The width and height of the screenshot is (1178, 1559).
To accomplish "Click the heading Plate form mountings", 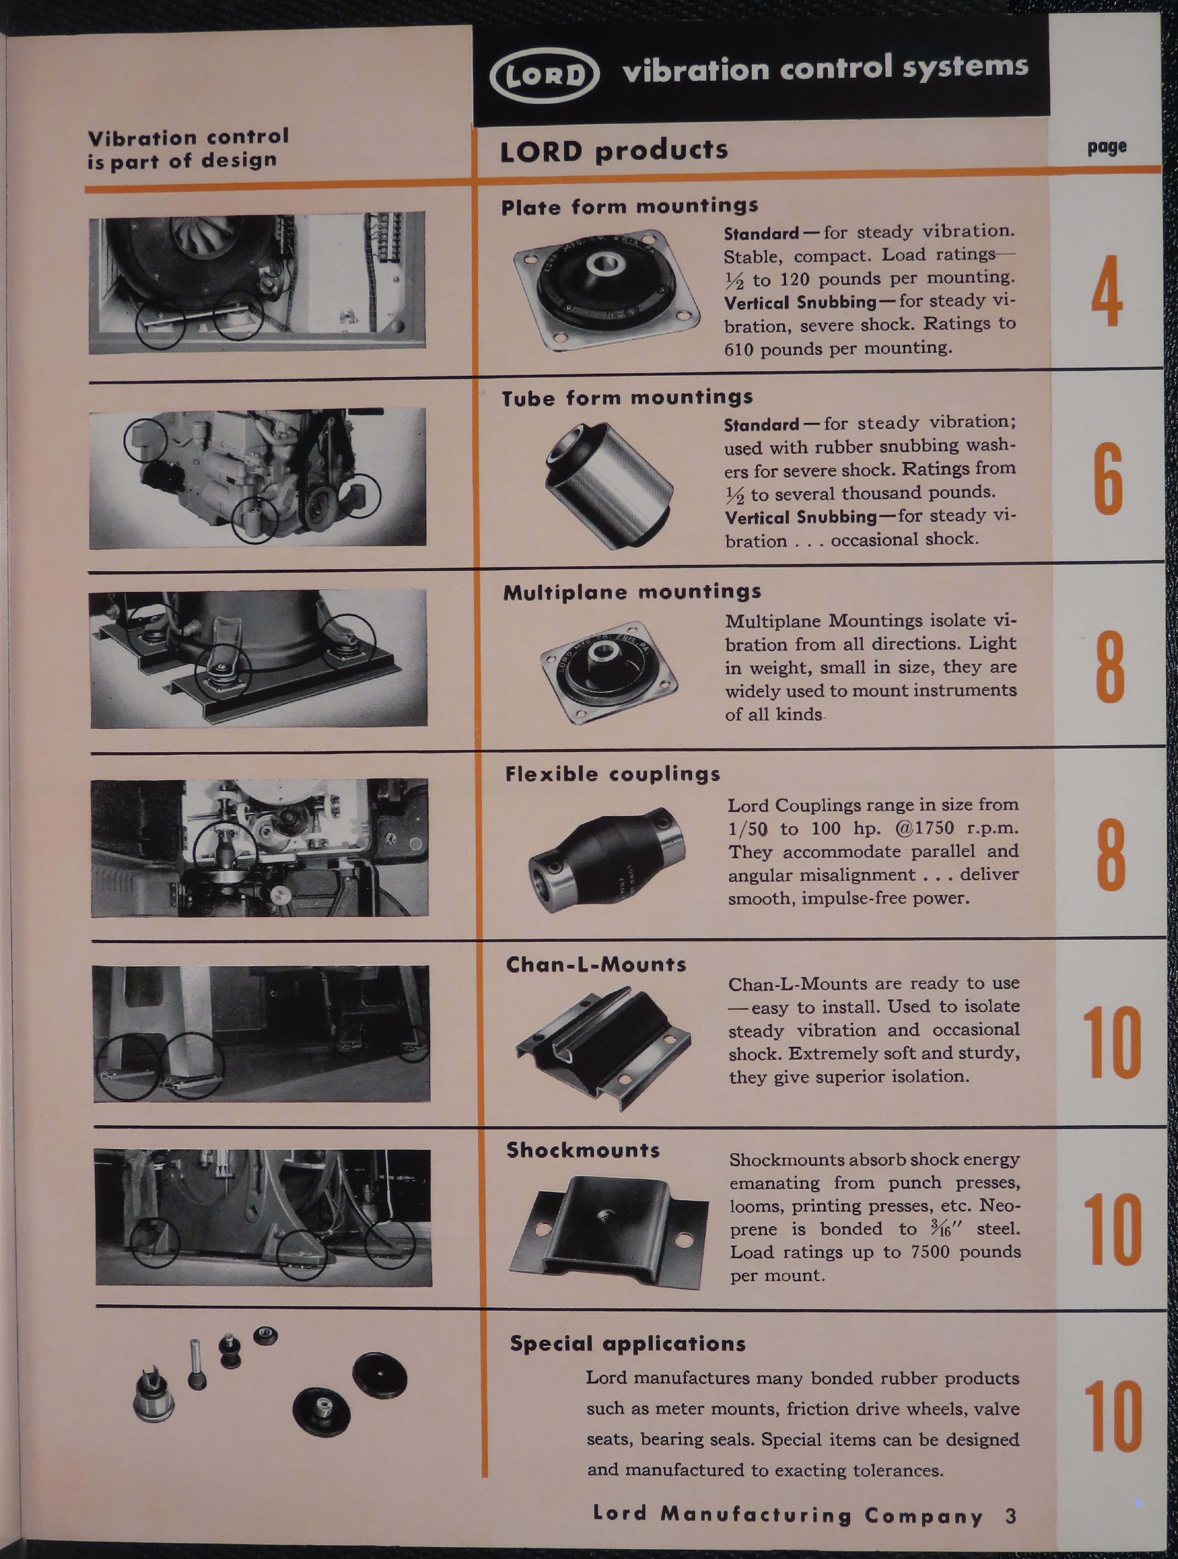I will (x=629, y=206).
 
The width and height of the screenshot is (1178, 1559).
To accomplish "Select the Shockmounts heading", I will (x=583, y=1151).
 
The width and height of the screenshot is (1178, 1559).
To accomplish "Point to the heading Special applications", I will (x=627, y=1343).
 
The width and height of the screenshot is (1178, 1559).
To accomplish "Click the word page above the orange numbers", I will (x=1106, y=147).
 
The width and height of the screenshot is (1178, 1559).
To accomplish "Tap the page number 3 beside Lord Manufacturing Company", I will (x=1011, y=1516).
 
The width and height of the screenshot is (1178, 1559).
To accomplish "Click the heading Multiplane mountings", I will (x=632, y=591).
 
